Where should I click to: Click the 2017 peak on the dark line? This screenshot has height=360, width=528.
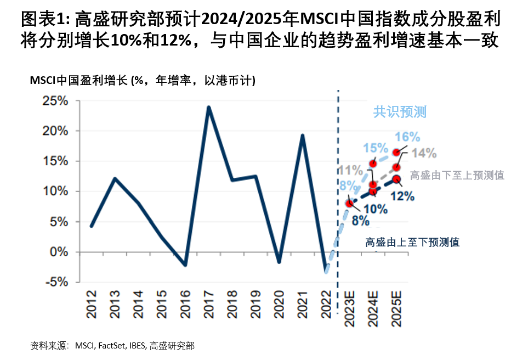click(x=209, y=107)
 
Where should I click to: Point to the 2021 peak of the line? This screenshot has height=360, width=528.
click(x=302, y=135)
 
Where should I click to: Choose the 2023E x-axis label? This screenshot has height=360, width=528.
click(x=349, y=311)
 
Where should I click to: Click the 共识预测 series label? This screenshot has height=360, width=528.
click(x=400, y=112)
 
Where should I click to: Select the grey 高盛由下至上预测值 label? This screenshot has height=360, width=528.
click(x=457, y=175)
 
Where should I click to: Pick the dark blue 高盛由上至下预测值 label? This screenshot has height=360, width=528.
click(x=412, y=242)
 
